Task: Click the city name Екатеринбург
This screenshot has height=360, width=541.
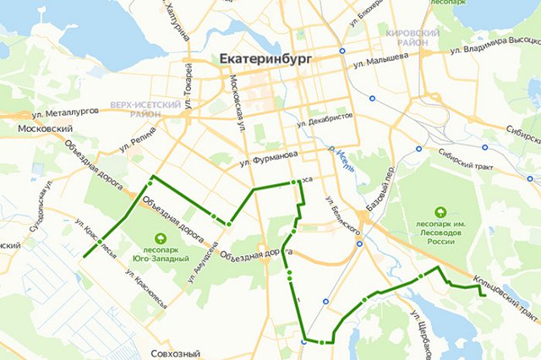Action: (265, 60)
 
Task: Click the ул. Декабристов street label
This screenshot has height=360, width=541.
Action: (324, 122)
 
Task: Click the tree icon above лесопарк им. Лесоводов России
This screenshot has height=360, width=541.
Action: (440, 212)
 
